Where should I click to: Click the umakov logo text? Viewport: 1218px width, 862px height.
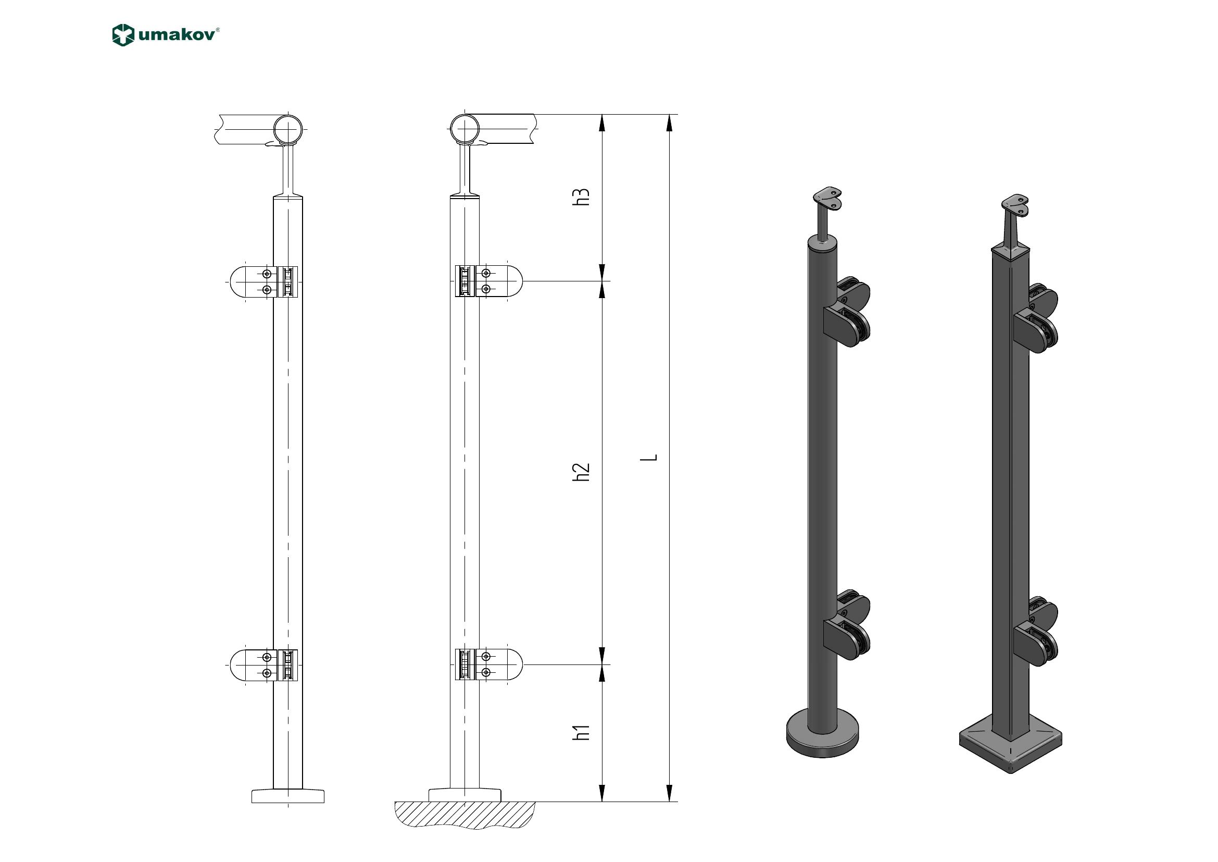(178, 34)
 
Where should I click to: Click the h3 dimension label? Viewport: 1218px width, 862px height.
(582, 196)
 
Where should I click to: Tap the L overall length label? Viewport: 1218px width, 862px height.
(650, 457)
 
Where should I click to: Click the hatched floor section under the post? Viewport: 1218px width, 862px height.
(464, 815)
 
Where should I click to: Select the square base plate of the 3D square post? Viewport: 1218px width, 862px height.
(1011, 744)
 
